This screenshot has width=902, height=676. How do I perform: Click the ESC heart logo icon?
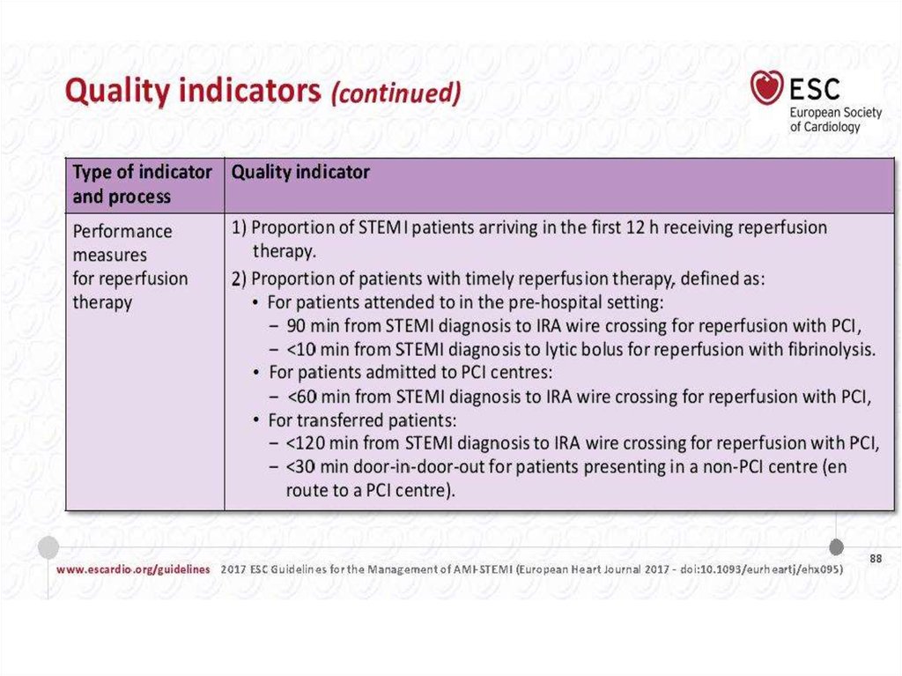767,87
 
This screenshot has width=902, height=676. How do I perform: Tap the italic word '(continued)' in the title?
396,93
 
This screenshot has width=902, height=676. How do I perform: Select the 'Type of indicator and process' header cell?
142,184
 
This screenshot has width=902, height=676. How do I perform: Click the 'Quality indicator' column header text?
300,173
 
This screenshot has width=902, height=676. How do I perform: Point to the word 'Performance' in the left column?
122,231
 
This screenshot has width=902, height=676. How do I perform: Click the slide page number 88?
875,559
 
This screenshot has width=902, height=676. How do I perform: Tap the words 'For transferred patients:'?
363,420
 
